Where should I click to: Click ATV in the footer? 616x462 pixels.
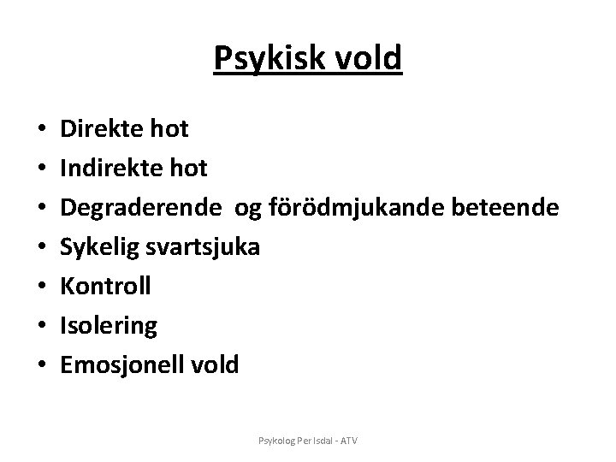click(349, 441)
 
